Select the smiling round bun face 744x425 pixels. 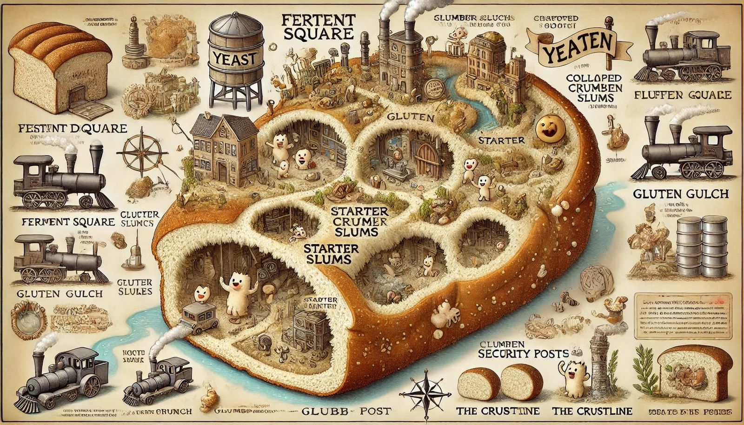point(547,129)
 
